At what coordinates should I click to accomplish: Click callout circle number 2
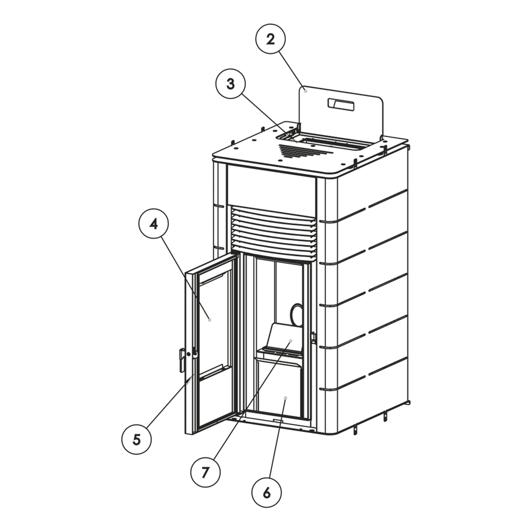(270, 39)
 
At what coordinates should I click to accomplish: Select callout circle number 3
(231, 84)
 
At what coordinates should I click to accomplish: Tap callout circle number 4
(154, 224)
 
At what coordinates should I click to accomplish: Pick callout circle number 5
(137, 440)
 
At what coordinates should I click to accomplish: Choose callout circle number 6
(267, 493)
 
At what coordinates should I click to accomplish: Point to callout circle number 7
(205, 472)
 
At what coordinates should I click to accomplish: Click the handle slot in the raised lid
(341, 105)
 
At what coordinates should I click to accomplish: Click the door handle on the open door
(181, 361)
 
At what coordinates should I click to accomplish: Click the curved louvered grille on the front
(274, 232)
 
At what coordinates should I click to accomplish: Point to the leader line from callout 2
(292, 70)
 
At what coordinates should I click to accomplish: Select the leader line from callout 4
(185, 277)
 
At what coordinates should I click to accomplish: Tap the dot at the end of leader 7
(290, 340)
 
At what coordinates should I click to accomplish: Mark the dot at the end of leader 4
(210, 320)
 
